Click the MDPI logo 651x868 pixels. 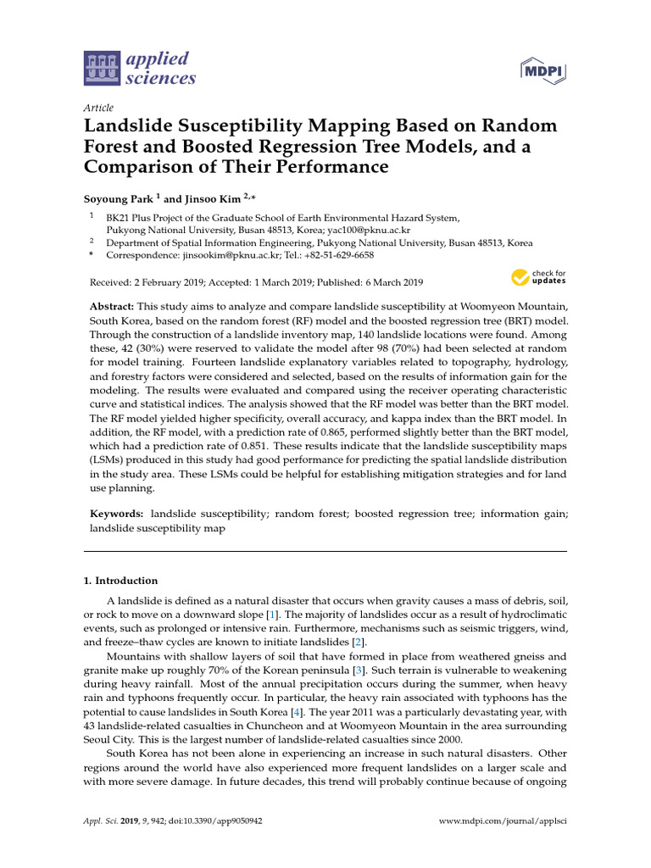tap(542, 71)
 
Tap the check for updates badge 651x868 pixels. tap(537, 276)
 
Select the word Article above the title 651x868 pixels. tap(98, 108)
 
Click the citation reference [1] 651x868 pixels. tap(271, 613)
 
